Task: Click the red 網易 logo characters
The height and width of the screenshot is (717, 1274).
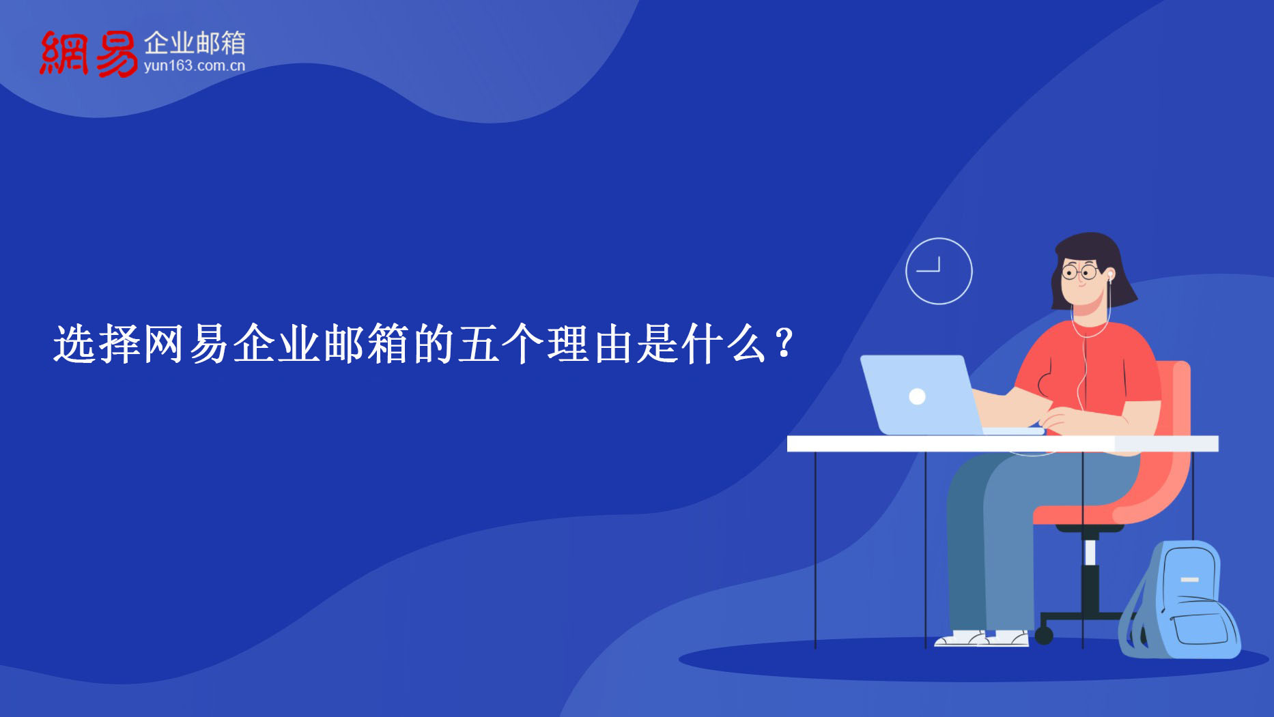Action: tap(89, 53)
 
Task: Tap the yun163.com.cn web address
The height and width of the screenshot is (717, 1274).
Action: tap(195, 66)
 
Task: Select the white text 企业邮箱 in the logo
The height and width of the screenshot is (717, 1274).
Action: tap(195, 43)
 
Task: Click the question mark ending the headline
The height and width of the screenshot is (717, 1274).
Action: tap(785, 343)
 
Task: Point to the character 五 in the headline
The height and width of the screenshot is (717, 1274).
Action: tap(478, 344)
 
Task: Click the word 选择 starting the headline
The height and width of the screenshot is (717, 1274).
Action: tap(97, 344)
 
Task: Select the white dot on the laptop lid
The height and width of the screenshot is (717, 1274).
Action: tap(917, 396)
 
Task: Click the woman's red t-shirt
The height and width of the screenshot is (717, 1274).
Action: tap(1092, 368)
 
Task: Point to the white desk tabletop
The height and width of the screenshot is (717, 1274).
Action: tap(1002, 443)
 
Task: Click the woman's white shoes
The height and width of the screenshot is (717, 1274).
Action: tap(982, 639)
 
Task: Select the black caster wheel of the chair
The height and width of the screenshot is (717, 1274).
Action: tap(1043, 636)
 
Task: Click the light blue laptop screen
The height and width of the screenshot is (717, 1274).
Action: tap(921, 394)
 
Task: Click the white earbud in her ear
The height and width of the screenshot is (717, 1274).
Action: tap(1110, 276)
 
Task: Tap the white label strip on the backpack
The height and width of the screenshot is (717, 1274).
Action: tap(1189, 580)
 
